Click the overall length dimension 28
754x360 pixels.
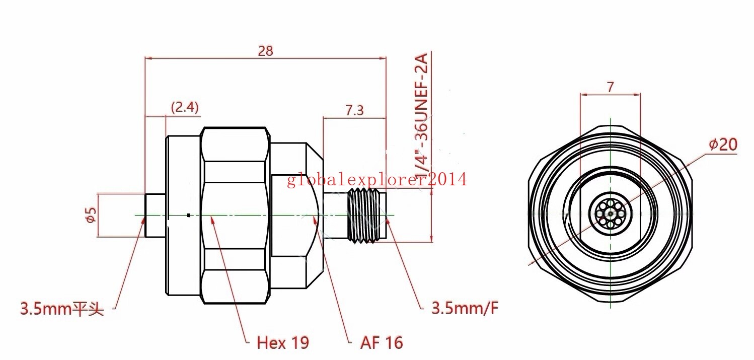pos(266,51)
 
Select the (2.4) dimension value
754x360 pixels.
pos(185,107)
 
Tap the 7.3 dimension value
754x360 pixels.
pos(355,110)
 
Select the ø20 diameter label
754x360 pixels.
pos(723,145)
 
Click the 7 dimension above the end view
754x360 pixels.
pos(610,87)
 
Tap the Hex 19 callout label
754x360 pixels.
pos(283,343)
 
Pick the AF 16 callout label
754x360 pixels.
pos(382,343)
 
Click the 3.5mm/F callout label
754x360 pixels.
pos(465,308)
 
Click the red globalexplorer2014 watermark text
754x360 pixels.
pos(377,179)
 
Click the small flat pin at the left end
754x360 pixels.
pos(155,215)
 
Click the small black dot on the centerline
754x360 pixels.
pos(188,215)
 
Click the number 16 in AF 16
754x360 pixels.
pos(395,343)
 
